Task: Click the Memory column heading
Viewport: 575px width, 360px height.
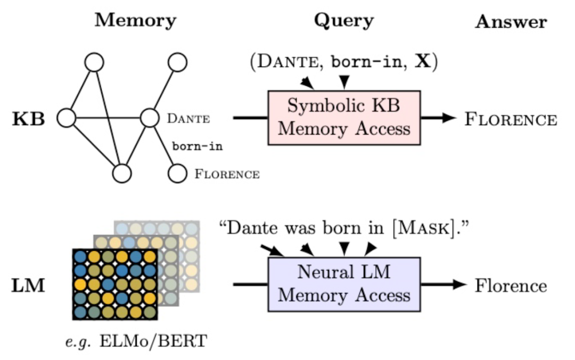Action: coord(136,21)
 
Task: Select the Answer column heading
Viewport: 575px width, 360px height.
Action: coord(511,22)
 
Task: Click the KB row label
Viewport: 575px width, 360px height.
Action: coord(29,119)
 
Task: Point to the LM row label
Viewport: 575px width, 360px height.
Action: coord(28,285)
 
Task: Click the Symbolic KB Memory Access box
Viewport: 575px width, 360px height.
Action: coord(344,118)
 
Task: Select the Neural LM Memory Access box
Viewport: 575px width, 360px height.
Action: coord(344,284)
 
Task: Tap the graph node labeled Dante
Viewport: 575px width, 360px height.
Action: coord(150,118)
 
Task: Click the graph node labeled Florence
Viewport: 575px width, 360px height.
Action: coord(177,173)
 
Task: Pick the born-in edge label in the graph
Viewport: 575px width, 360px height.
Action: coord(198,146)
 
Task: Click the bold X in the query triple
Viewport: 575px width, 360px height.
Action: coord(422,61)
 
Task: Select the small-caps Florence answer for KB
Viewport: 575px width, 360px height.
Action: coord(511,119)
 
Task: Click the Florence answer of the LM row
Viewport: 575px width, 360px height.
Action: coord(511,285)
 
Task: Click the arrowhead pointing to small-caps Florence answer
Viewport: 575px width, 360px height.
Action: coord(449,118)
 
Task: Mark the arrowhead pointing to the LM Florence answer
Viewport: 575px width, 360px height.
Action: coord(460,284)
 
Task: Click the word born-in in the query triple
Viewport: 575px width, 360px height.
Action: coord(367,62)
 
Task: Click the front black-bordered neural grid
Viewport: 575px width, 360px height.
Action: coord(115,284)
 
